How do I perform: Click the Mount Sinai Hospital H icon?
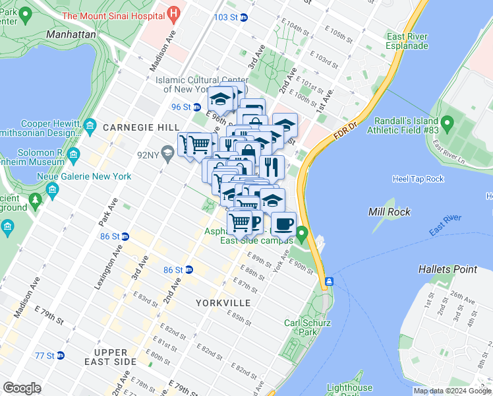173,13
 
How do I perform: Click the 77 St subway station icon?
61,355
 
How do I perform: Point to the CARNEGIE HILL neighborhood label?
136,127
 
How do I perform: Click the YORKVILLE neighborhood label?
223,302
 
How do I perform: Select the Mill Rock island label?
390,212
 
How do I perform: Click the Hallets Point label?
448,269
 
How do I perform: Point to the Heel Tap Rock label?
418,179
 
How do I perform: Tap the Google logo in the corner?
22,387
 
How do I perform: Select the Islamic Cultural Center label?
191,84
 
